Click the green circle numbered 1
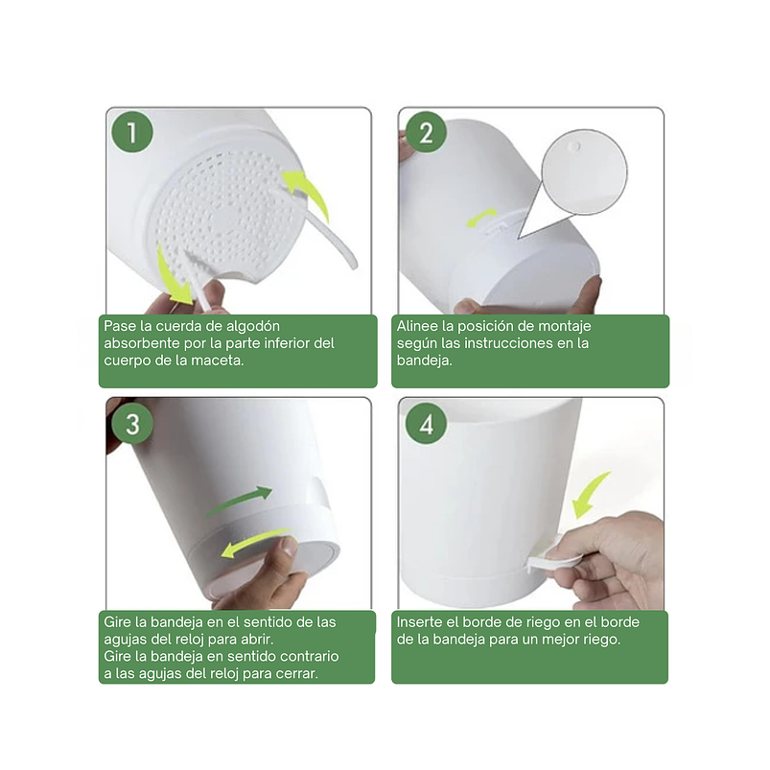[x=132, y=131]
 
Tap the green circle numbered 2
[x=426, y=131]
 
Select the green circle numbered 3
[x=132, y=424]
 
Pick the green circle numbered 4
[x=426, y=424]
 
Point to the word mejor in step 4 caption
[x=559, y=640]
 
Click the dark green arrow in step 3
[x=241, y=501]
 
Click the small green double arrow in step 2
[x=481, y=217]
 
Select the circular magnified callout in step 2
[x=584, y=173]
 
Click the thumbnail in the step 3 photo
[x=290, y=546]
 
